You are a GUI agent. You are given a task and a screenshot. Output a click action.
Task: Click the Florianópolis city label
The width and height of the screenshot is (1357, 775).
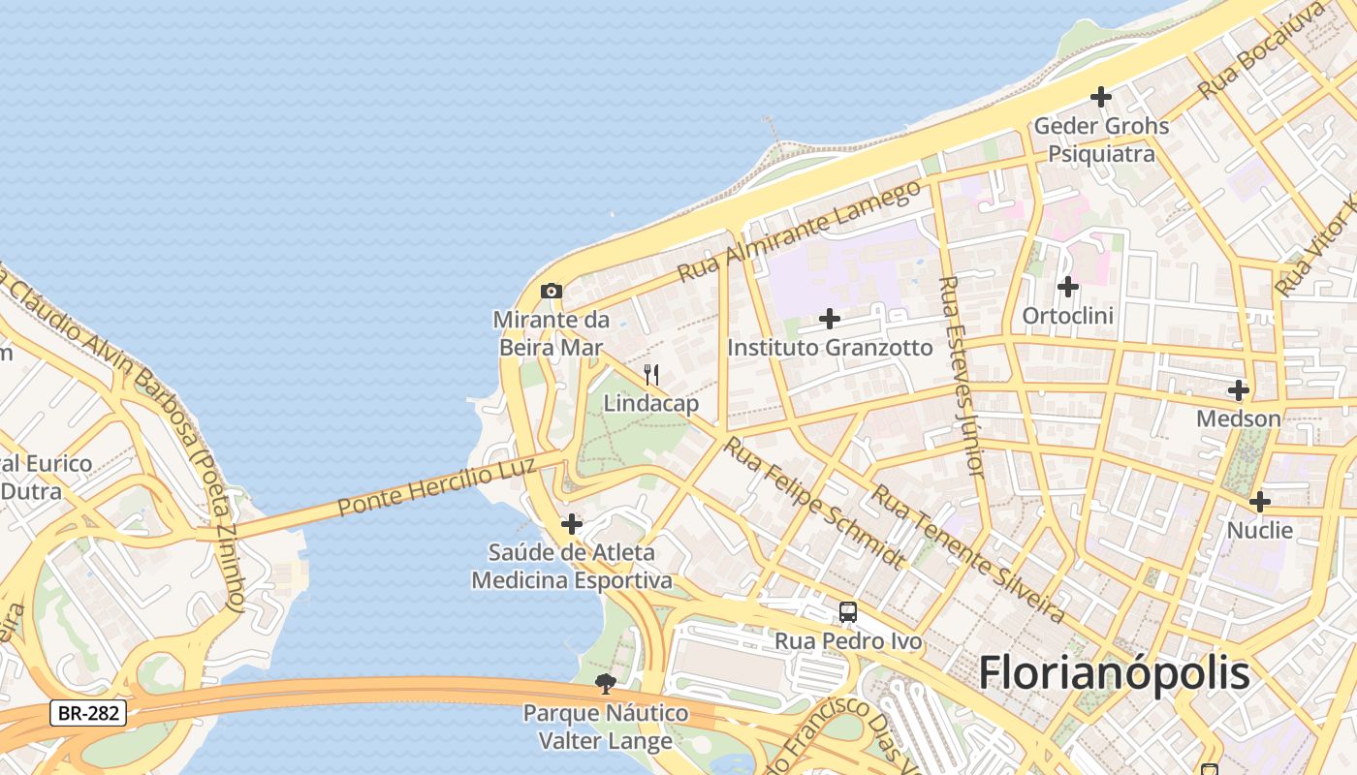(1114, 673)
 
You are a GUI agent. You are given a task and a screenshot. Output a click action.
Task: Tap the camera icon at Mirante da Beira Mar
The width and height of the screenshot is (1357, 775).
(551, 291)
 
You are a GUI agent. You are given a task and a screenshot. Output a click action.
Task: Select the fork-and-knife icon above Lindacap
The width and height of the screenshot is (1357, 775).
(651, 374)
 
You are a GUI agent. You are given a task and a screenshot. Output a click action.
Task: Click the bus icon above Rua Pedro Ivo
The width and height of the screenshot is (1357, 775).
(848, 611)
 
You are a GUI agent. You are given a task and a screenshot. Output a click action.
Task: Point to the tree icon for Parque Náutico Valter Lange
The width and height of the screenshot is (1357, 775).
(606, 684)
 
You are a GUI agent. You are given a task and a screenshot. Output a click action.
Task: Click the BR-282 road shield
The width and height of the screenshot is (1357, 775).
(87, 714)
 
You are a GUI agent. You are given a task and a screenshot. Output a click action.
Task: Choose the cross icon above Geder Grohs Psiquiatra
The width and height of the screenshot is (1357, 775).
(1100, 97)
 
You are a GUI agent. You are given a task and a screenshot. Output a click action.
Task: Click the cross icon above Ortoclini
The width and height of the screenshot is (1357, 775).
(1067, 287)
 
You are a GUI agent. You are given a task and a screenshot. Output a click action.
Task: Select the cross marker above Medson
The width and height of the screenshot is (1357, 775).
(1238, 390)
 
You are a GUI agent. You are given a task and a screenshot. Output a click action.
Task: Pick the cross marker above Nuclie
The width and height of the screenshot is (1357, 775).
(1259, 502)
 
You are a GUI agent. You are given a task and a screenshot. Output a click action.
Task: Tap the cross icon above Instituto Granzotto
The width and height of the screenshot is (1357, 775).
(830, 318)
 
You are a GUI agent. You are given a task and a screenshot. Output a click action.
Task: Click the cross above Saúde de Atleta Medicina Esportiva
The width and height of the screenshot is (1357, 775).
(572, 524)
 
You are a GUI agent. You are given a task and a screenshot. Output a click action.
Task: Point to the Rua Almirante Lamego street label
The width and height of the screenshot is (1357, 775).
(800, 231)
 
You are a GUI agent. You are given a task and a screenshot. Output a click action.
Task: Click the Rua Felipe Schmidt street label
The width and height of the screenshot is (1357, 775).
(815, 503)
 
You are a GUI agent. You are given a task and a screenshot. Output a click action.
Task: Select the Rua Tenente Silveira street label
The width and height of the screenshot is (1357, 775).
(967, 553)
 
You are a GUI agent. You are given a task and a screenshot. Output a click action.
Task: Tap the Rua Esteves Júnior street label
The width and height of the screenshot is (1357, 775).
(962, 376)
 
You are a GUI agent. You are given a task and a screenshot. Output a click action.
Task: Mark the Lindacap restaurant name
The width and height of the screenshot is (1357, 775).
(651, 403)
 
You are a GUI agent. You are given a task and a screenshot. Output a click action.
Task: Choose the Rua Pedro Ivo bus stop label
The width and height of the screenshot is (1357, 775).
(848, 641)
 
